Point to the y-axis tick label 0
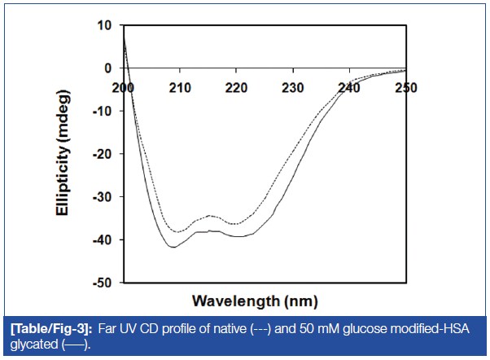point(107,68)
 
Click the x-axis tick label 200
point(123,86)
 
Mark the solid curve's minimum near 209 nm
point(173,246)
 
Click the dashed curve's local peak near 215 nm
point(210,216)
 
